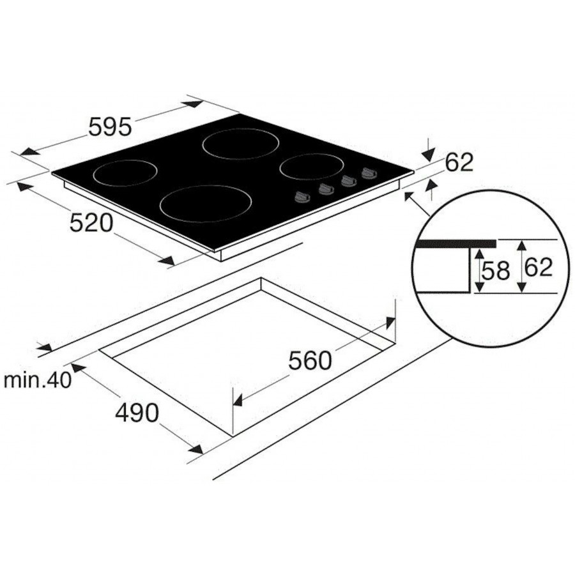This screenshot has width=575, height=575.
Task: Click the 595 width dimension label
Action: pyautogui.click(x=110, y=126)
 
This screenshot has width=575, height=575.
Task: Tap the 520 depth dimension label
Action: pyautogui.click(x=91, y=223)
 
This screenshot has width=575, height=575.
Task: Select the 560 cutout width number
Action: pyautogui.click(x=310, y=360)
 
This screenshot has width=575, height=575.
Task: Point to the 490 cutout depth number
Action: pyautogui.click(x=137, y=413)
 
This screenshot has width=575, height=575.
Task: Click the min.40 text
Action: pyautogui.click(x=37, y=381)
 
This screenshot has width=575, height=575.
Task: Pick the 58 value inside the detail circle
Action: pyautogui.click(x=496, y=271)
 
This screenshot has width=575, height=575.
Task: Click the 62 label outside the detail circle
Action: pyautogui.click(x=459, y=162)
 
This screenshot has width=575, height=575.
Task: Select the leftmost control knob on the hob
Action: pyautogui.click(x=302, y=197)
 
